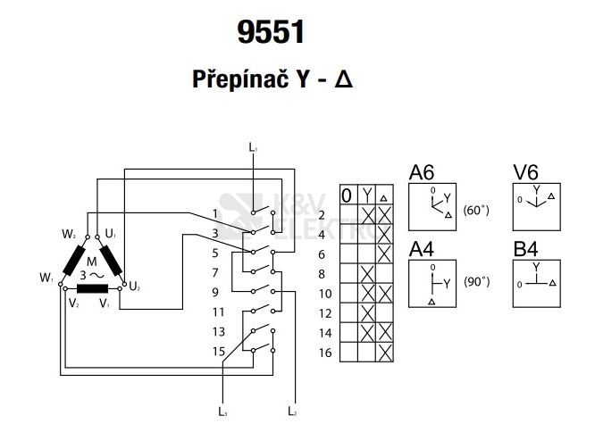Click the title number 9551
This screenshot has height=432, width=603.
pos(271,31)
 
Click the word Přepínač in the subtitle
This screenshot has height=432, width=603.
pos(240,79)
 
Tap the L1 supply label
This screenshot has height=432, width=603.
pos(253,147)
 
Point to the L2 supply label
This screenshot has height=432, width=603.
pos(292,411)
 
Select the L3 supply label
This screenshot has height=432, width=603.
pos(222,411)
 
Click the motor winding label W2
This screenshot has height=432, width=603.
pos(69,234)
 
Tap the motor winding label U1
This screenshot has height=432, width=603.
pos(111,233)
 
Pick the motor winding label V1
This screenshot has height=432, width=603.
pos(105,303)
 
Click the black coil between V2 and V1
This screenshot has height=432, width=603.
pos(92,288)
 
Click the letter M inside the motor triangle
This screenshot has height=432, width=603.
pos(91,262)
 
